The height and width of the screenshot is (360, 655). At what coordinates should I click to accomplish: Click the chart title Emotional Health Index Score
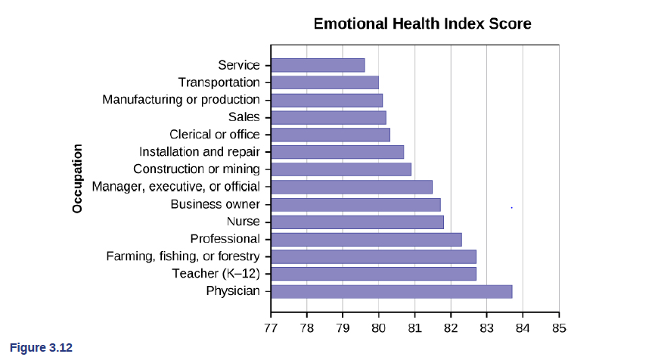(x=422, y=24)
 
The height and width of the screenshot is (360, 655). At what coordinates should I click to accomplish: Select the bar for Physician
(x=391, y=291)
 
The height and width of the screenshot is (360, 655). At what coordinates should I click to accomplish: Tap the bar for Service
(x=318, y=65)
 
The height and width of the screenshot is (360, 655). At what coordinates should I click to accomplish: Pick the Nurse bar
(x=357, y=222)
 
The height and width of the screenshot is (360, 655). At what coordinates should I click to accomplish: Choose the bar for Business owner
(x=355, y=204)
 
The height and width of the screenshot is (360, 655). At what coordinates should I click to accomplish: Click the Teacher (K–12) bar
(x=373, y=274)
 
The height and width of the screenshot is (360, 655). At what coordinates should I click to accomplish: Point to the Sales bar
(x=328, y=117)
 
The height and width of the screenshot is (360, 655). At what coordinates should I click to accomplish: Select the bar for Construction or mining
(x=340, y=169)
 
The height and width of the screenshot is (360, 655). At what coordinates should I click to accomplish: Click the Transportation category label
(x=219, y=82)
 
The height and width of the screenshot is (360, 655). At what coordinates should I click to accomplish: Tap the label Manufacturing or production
(x=181, y=100)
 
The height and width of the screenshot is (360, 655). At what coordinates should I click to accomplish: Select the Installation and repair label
(x=199, y=152)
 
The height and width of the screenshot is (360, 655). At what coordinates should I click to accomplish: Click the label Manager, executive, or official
(x=175, y=187)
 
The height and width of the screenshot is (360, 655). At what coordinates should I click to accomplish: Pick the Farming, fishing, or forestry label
(x=182, y=256)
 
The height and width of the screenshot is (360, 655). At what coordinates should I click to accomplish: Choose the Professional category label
(x=225, y=239)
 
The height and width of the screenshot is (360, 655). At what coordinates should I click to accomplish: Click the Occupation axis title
(x=77, y=178)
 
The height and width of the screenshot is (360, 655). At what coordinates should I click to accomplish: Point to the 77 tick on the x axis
(x=271, y=327)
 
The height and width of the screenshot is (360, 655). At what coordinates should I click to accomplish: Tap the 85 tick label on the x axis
(x=558, y=327)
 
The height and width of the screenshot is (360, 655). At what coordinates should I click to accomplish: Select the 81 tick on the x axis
(x=414, y=327)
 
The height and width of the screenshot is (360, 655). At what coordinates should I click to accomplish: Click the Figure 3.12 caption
(x=41, y=348)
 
